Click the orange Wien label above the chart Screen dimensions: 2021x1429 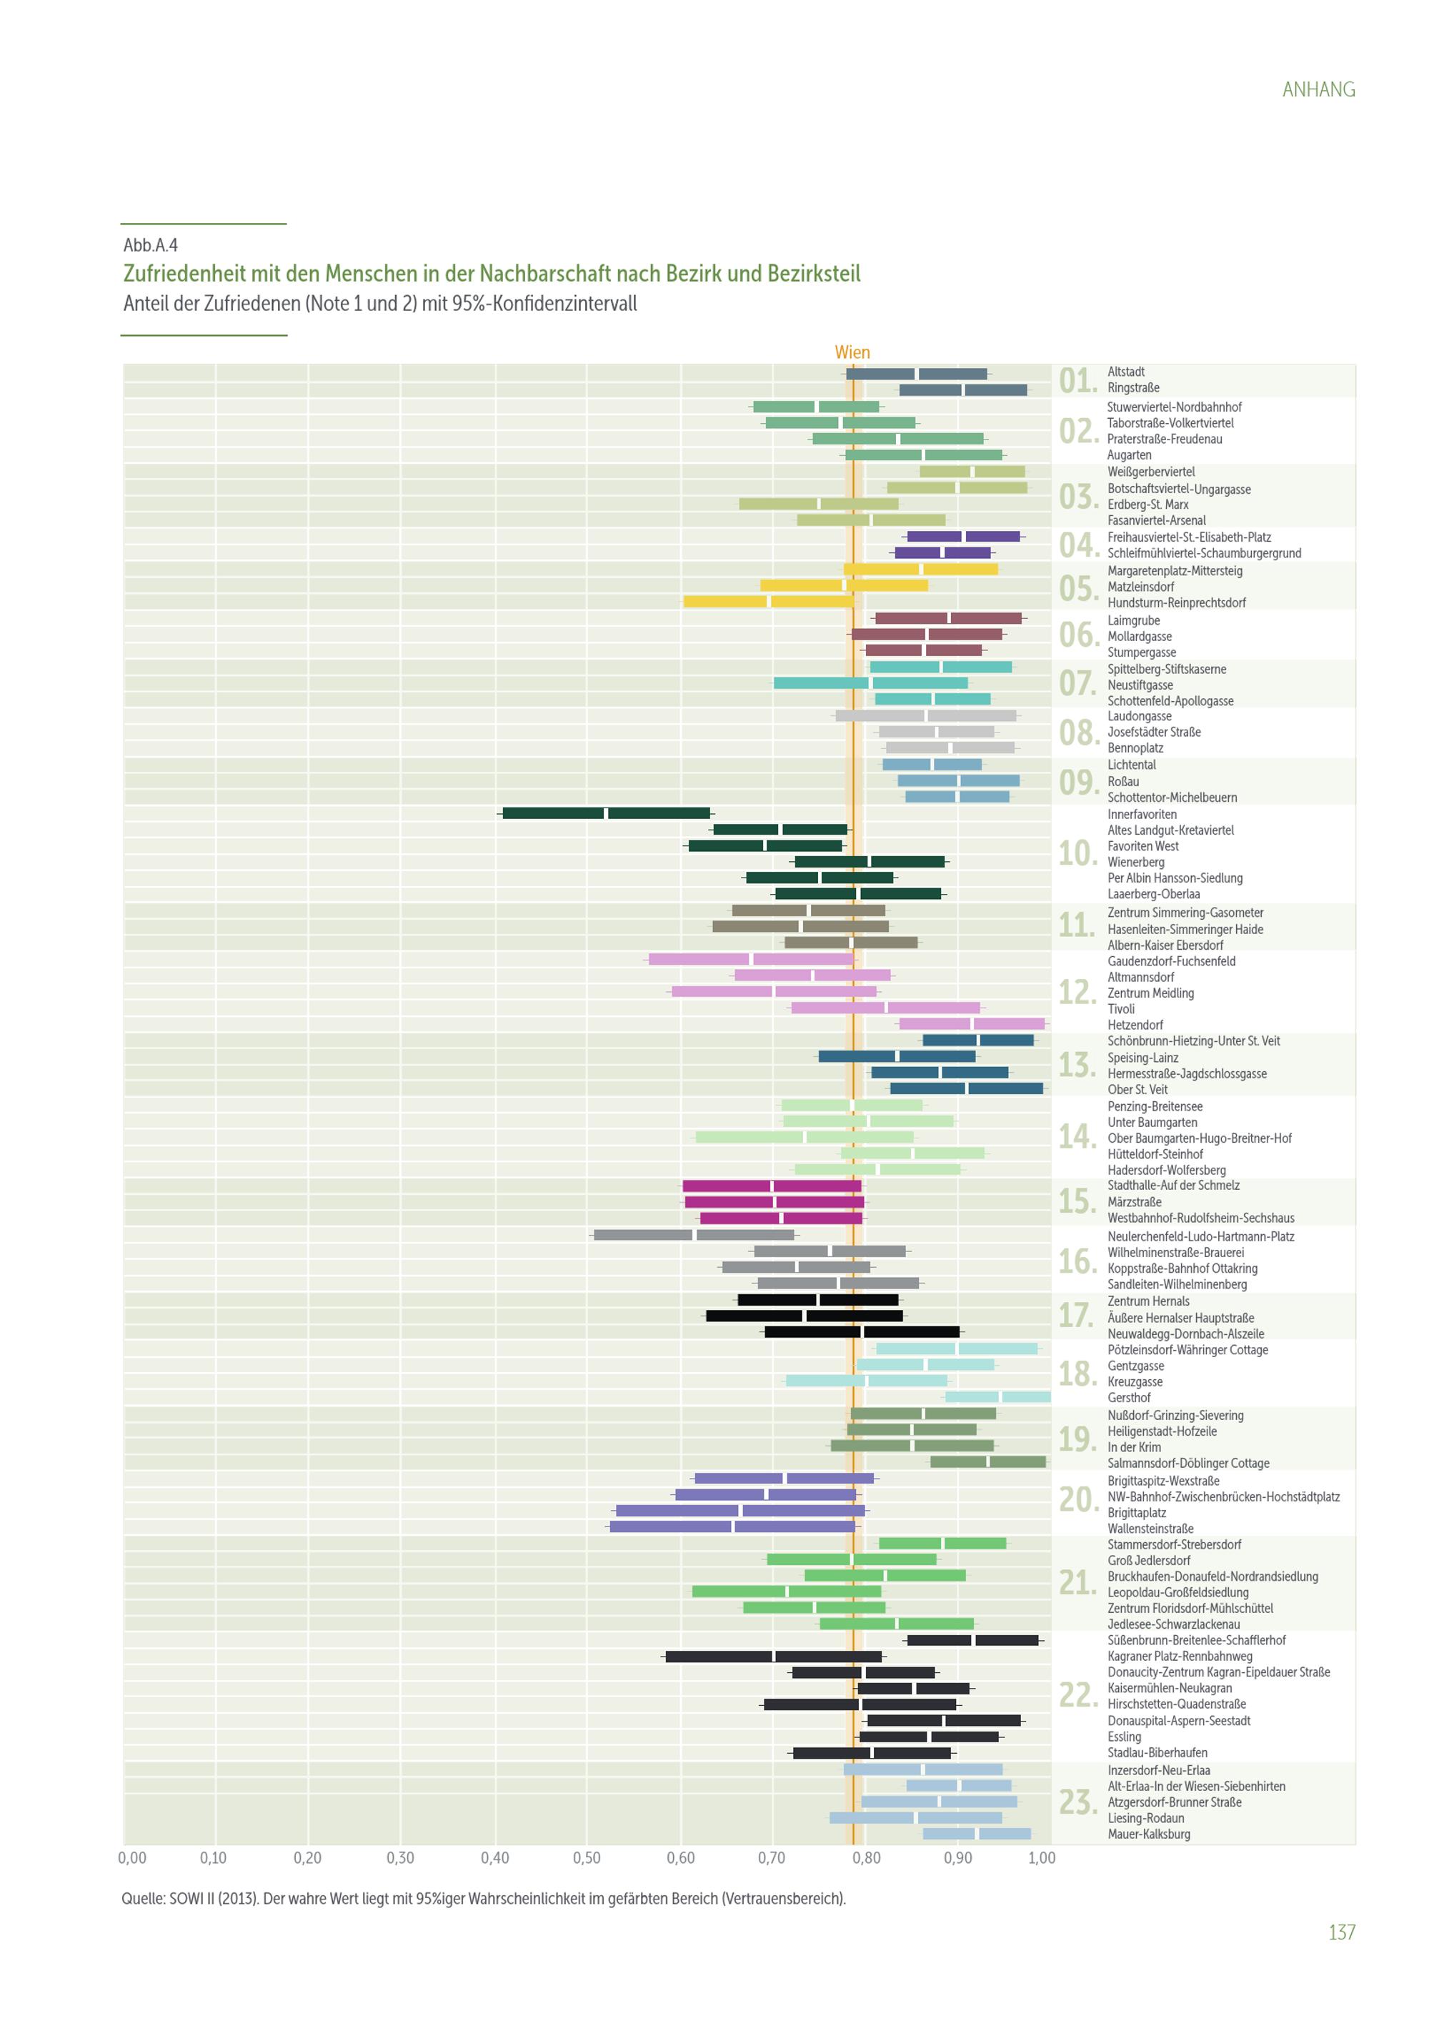(x=852, y=352)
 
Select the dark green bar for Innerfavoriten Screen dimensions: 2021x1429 (x=607, y=813)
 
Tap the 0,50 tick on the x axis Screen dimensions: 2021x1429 (x=587, y=1858)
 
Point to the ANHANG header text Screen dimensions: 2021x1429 (x=1318, y=90)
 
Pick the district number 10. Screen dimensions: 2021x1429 (x=1077, y=853)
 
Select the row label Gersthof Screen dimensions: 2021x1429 (x=1129, y=1398)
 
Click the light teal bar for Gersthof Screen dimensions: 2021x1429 (x=998, y=1397)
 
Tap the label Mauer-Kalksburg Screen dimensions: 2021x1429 (x=1148, y=1834)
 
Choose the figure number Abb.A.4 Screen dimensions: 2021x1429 (x=151, y=246)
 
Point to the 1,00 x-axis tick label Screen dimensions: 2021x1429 (x=1042, y=1858)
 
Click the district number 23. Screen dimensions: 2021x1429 (x=1077, y=1803)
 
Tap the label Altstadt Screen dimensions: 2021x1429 (x=1126, y=372)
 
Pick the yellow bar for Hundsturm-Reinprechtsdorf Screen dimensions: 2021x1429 (x=768, y=601)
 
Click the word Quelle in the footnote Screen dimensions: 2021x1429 (x=141, y=1899)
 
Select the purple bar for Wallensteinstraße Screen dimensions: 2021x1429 (x=732, y=1526)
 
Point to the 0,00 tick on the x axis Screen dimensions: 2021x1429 (x=132, y=1858)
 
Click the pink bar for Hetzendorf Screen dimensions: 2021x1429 (x=972, y=1023)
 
